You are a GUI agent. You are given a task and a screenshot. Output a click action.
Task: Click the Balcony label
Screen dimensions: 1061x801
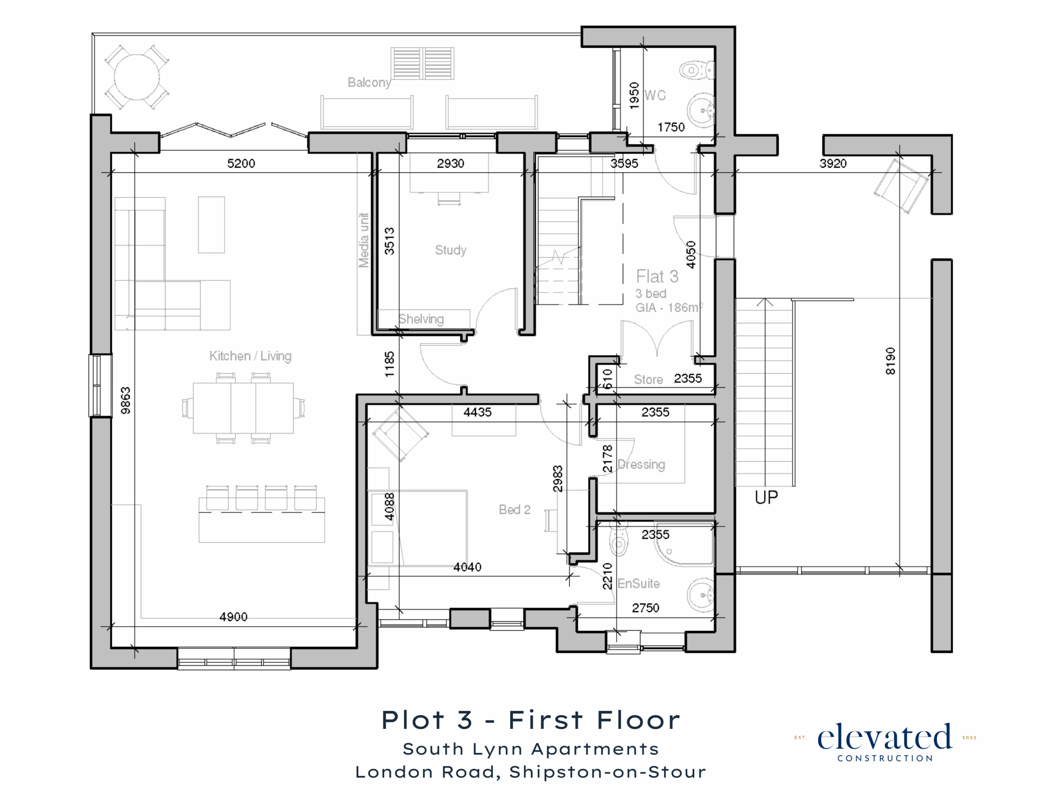pos(369,83)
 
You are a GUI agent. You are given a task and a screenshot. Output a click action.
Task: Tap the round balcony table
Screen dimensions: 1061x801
pos(137,77)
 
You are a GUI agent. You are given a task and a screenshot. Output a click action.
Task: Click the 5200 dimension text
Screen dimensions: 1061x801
pos(241,163)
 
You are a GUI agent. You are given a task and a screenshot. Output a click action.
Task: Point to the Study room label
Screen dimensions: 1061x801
pos(451,250)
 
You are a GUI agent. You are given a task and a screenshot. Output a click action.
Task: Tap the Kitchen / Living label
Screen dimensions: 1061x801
pos(250,356)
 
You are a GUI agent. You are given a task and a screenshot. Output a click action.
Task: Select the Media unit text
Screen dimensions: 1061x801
pos(364,240)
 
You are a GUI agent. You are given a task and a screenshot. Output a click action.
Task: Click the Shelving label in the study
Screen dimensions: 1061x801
pos(421,319)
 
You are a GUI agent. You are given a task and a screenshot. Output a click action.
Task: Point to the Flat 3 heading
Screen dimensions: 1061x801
pos(657,277)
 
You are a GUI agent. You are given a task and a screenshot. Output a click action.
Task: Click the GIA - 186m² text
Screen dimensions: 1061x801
pos(669,307)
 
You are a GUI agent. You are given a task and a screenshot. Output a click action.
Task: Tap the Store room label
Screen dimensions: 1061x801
pos(649,380)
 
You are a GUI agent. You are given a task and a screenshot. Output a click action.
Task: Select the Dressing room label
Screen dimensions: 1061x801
pos(641,465)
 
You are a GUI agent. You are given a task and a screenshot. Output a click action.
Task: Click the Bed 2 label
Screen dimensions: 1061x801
pos(515,510)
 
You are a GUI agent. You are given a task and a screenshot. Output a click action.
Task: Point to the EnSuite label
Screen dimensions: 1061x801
pos(638,584)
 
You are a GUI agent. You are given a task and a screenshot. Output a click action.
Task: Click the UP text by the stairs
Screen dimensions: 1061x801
pos(766,498)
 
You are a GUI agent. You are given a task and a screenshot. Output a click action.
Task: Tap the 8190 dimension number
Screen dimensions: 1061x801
pos(890,361)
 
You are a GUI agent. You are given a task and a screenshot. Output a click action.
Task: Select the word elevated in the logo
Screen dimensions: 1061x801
pos(884,738)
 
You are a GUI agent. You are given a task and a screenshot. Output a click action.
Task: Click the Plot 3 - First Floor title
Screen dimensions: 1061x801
pos(531,721)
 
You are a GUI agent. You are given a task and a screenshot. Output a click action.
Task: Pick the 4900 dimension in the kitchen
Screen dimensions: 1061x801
pos(234,617)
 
